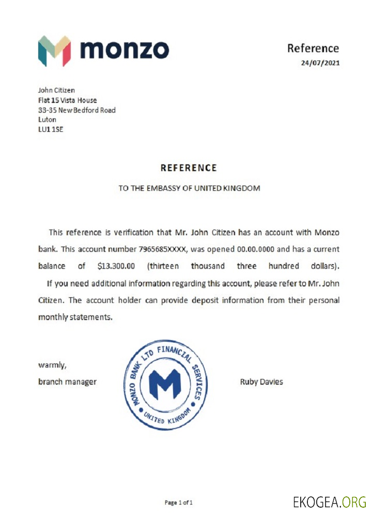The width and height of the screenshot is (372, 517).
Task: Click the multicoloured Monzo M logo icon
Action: (54, 51)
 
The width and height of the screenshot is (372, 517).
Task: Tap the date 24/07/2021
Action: (320, 63)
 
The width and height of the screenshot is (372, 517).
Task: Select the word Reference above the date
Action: (313, 48)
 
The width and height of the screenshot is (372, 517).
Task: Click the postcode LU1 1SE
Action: (51, 129)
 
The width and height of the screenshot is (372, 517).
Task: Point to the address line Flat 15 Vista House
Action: (67, 100)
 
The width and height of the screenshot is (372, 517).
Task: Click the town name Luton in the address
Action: (47, 119)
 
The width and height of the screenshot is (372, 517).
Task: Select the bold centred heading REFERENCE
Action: (189, 168)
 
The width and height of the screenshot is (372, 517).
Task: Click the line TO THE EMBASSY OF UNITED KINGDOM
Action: (189, 188)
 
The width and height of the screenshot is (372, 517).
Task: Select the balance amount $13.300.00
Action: (116, 266)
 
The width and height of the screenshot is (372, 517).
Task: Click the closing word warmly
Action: (52, 365)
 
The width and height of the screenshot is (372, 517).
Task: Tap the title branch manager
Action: (67, 382)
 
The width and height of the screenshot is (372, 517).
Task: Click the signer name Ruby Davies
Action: (261, 382)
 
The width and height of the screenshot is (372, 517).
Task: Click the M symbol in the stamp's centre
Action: (163, 383)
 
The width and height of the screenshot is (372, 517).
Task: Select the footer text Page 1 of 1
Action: (178, 502)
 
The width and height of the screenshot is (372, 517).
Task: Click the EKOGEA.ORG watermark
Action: (330, 501)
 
